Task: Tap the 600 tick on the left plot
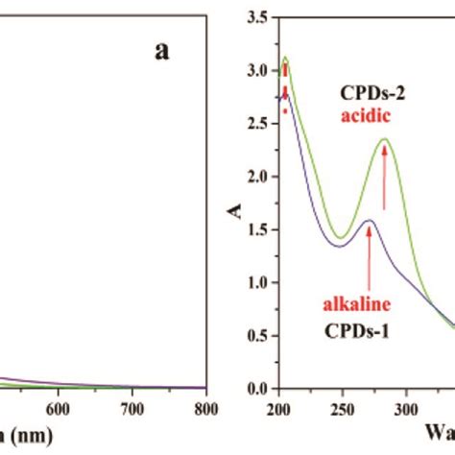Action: [x=59, y=405]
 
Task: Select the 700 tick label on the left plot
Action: [x=132, y=405]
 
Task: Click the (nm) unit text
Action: [x=29, y=434]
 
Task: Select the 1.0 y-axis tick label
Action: [x=256, y=283]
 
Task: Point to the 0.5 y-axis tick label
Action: [x=256, y=336]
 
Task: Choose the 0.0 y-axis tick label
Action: [x=256, y=390]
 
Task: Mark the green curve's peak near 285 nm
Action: [x=385, y=139]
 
